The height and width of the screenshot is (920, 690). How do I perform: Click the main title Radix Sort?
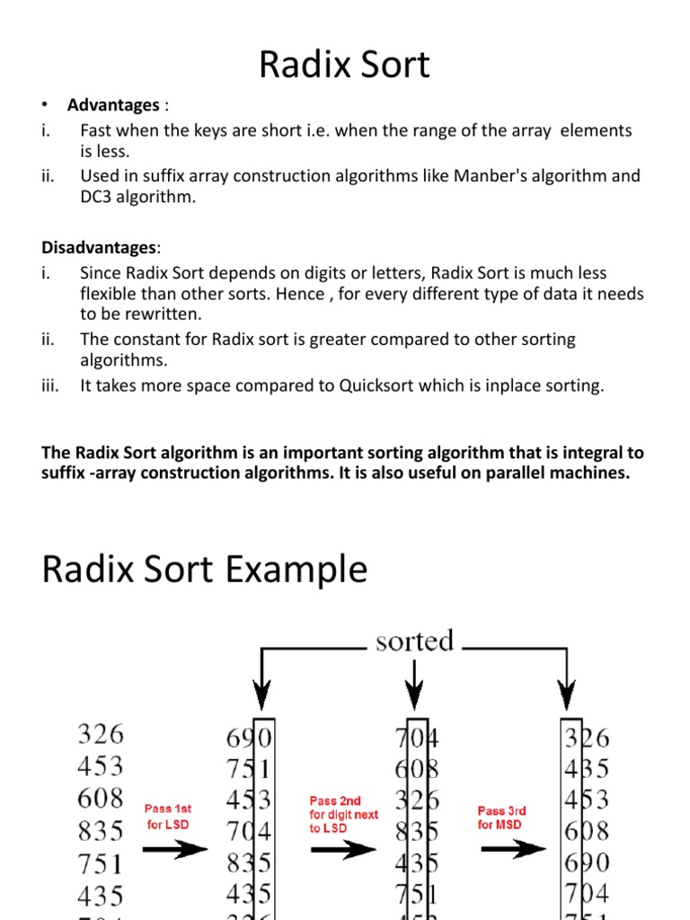pyautogui.click(x=345, y=66)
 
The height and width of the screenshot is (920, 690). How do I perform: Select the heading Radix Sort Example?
pyautogui.click(x=205, y=569)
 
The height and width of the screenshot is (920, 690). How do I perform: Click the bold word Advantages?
pyautogui.click(x=112, y=106)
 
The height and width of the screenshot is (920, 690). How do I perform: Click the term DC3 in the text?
pyautogui.click(x=96, y=197)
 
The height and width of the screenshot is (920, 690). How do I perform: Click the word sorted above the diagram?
pyautogui.click(x=414, y=641)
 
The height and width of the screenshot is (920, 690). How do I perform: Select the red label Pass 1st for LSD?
pyautogui.click(x=168, y=817)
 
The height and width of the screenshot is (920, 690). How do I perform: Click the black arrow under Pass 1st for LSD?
pyautogui.click(x=175, y=850)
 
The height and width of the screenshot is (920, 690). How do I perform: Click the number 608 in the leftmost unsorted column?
pyautogui.click(x=101, y=798)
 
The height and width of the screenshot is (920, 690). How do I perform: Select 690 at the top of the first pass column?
pyautogui.click(x=249, y=739)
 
